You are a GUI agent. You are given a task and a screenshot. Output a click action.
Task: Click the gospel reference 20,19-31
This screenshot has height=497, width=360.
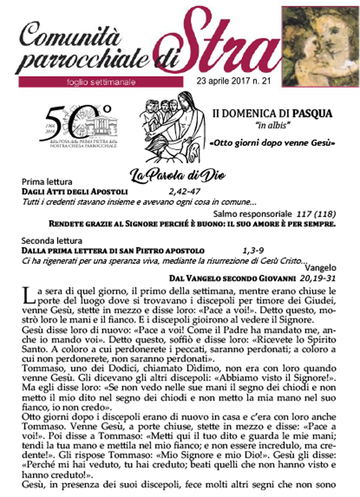pyautogui.click(x=318, y=278)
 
